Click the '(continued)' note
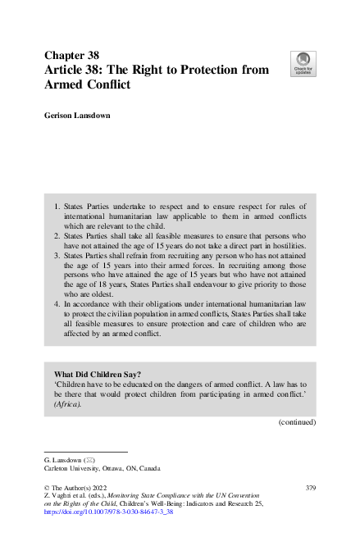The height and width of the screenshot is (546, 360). pos(297,423)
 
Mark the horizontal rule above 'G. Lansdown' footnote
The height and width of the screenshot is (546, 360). pos(86,452)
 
